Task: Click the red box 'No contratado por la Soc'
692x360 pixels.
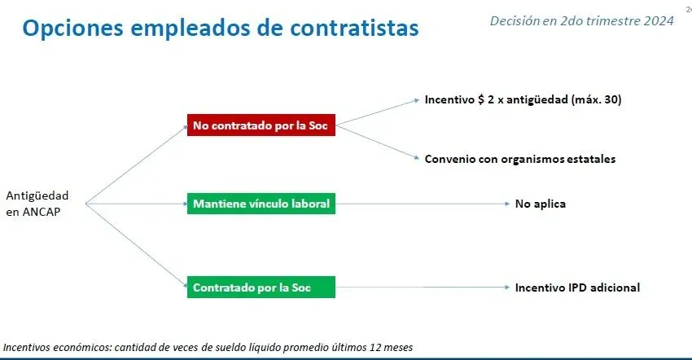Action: click(x=261, y=125)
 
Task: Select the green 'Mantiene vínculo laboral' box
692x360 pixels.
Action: click(x=261, y=204)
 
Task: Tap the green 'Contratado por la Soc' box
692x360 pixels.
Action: click(x=261, y=288)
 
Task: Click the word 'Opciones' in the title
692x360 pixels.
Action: click(x=72, y=28)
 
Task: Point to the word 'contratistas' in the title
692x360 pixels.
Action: click(x=354, y=28)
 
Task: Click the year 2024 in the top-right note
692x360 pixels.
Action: click(x=658, y=20)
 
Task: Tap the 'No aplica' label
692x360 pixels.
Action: click(x=541, y=204)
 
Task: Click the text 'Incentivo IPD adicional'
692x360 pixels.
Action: click(x=577, y=288)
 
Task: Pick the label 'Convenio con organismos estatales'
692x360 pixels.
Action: click(x=520, y=159)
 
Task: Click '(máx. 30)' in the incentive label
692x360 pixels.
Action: click(x=596, y=99)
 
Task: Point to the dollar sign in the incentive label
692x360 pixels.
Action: click(x=480, y=99)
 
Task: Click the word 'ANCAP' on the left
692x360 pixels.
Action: click(x=41, y=212)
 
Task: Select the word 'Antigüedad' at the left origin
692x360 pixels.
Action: click(x=37, y=195)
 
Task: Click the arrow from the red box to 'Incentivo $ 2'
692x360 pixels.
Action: click(x=377, y=112)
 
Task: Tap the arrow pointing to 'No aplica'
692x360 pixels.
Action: click(x=423, y=204)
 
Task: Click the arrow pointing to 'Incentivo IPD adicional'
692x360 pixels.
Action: click(x=423, y=288)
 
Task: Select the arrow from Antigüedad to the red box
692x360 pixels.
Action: click(x=137, y=165)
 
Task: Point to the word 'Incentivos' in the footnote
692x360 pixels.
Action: click(x=27, y=348)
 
